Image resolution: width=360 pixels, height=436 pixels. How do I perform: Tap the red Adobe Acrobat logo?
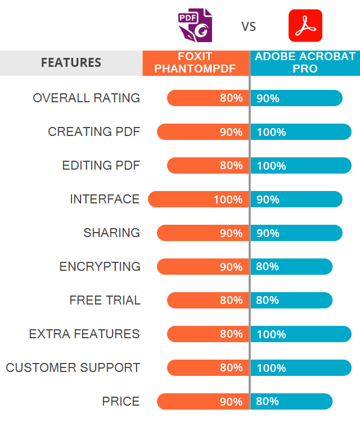pyautogui.click(x=305, y=26)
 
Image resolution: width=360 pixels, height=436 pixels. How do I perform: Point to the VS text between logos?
pyautogui.click(x=249, y=26)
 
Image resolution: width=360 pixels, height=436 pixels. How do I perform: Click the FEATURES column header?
pyautogui.click(x=71, y=62)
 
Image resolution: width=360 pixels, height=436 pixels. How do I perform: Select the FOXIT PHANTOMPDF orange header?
pyautogui.click(x=196, y=63)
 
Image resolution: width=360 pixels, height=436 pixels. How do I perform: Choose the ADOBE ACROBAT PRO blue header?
pyautogui.click(x=305, y=63)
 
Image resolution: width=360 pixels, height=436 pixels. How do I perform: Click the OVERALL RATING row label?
pyautogui.click(x=86, y=98)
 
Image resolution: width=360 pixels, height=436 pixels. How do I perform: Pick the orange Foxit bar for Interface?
pyautogui.click(x=198, y=199)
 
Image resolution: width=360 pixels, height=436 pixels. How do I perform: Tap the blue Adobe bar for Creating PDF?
pyautogui.click(x=301, y=132)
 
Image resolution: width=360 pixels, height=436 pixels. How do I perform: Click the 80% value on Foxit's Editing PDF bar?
pyautogui.click(x=231, y=166)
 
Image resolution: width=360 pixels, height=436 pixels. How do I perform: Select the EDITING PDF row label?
pyautogui.click(x=101, y=165)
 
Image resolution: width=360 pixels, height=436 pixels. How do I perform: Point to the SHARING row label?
pyautogui.click(x=111, y=233)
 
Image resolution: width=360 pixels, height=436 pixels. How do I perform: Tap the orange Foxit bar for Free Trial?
pyautogui.click(x=208, y=300)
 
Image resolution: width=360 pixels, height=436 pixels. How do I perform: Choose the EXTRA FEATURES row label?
pyautogui.click(x=84, y=334)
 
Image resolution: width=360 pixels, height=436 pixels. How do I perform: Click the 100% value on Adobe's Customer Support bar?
pyautogui.click(x=271, y=368)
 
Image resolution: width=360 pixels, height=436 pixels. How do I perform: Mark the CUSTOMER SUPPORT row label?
pyautogui.click(x=73, y=367)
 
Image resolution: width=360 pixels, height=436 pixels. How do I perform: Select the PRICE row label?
pyautogui.click(x=121, y=401)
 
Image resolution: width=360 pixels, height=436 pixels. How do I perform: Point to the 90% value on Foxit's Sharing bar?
pyautogui.click(x=231, y=233)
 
